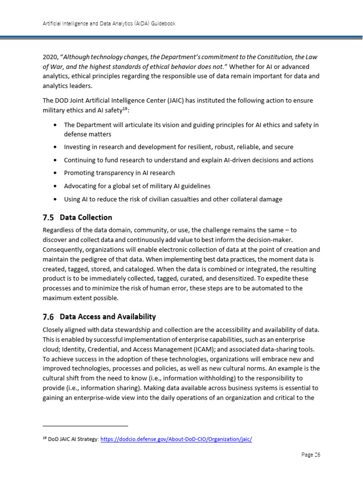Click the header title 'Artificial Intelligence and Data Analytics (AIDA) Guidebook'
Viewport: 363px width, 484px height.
pos(109,24)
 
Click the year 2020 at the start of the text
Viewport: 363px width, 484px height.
pos(50,57)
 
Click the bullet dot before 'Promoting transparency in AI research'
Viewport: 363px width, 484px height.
pos(56,173)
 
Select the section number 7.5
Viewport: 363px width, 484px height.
pos(48,217)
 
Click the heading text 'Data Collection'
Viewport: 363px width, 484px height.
pos(86,217)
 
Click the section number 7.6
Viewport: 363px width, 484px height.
pos(48,317)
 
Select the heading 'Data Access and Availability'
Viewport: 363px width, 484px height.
pos(108,317)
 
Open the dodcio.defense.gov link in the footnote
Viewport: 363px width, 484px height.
pos(176,439)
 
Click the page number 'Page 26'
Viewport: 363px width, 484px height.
pos(311,455)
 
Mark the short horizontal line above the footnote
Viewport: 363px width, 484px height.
pos(85,425)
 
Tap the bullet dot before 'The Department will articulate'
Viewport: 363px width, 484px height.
pos(56,125)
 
